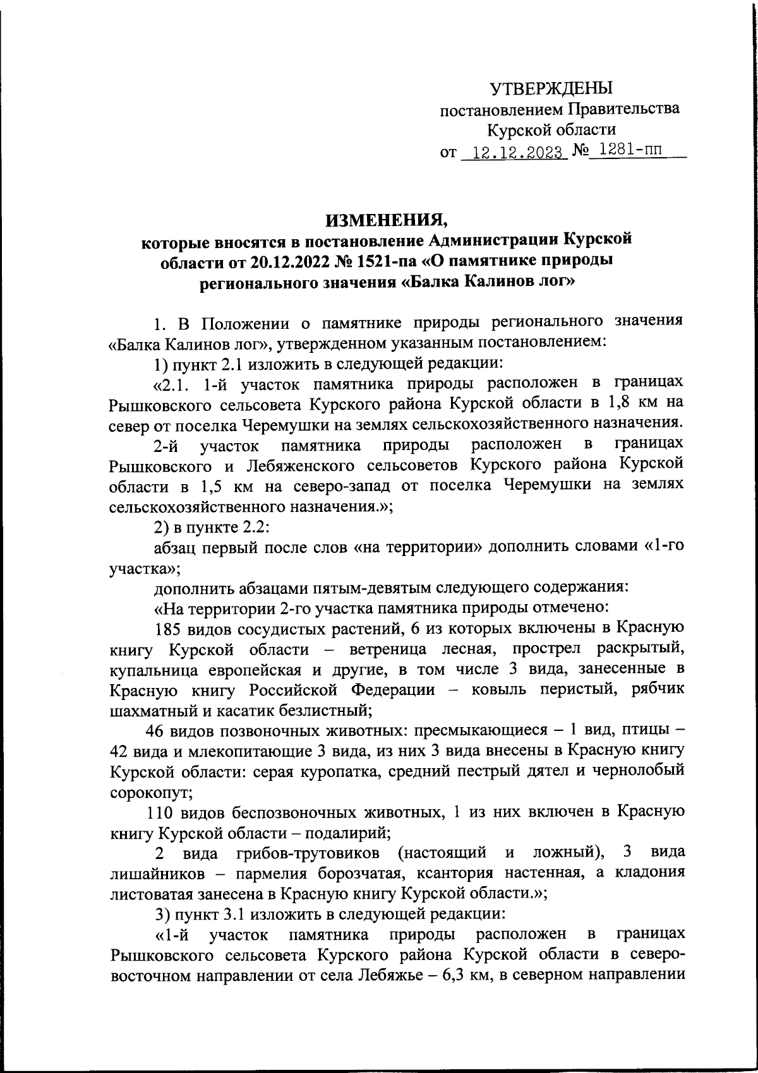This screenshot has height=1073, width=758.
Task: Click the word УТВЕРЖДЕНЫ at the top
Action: [x=552, y=88]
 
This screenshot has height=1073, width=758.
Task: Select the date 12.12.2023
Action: [x=512, y=153]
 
